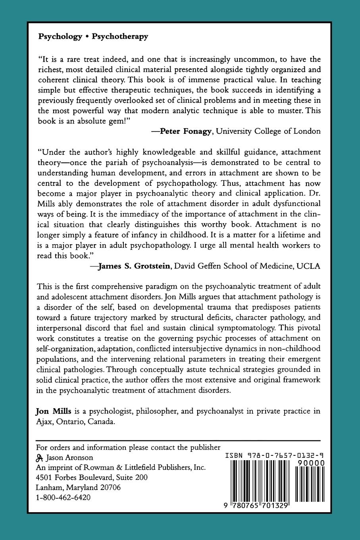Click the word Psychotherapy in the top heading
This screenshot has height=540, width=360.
point(120,37)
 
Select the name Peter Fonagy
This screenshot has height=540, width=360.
point(185,131)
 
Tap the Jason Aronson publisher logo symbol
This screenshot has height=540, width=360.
point(40,457)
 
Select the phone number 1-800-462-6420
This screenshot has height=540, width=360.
point(63,498)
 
